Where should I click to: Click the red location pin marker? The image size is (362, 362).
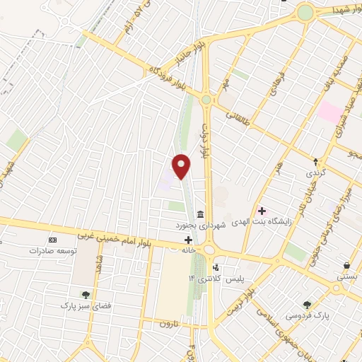(182, 166)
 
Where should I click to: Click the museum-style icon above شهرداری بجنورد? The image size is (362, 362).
(201, 214)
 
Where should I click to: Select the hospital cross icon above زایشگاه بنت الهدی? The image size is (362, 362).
(262, 211)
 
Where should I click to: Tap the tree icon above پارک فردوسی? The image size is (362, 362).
(306, 305)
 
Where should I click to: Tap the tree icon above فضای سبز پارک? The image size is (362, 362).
(86, 294)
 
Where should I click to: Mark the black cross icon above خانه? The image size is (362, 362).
(187, 240)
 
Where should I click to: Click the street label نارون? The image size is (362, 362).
(165, 323)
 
